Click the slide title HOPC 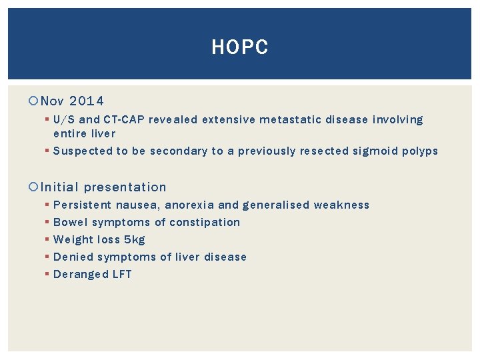coord(239,47)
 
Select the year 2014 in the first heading coord(87,101)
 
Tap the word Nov coord(52,101)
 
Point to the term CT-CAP coord(124,120)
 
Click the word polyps coord(420,151)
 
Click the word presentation coord(125,187)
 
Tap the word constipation coord(208,222)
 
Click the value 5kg coord(134,239)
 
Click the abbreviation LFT coord(122,274)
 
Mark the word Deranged coord(81,274)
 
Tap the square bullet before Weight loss coord(46,239)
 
